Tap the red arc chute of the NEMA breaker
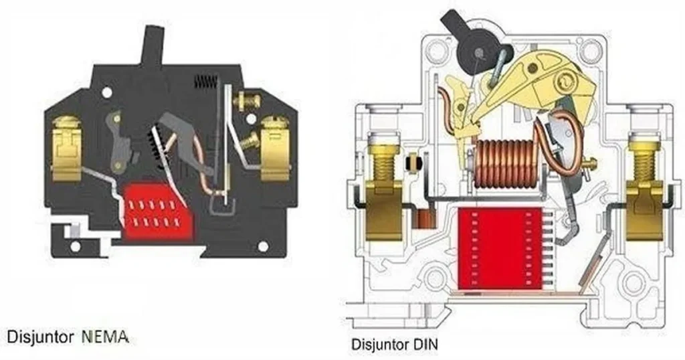[x=159, y=211]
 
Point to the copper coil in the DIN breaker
[x=506, y=164]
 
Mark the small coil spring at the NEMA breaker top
[x=205, y=82]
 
